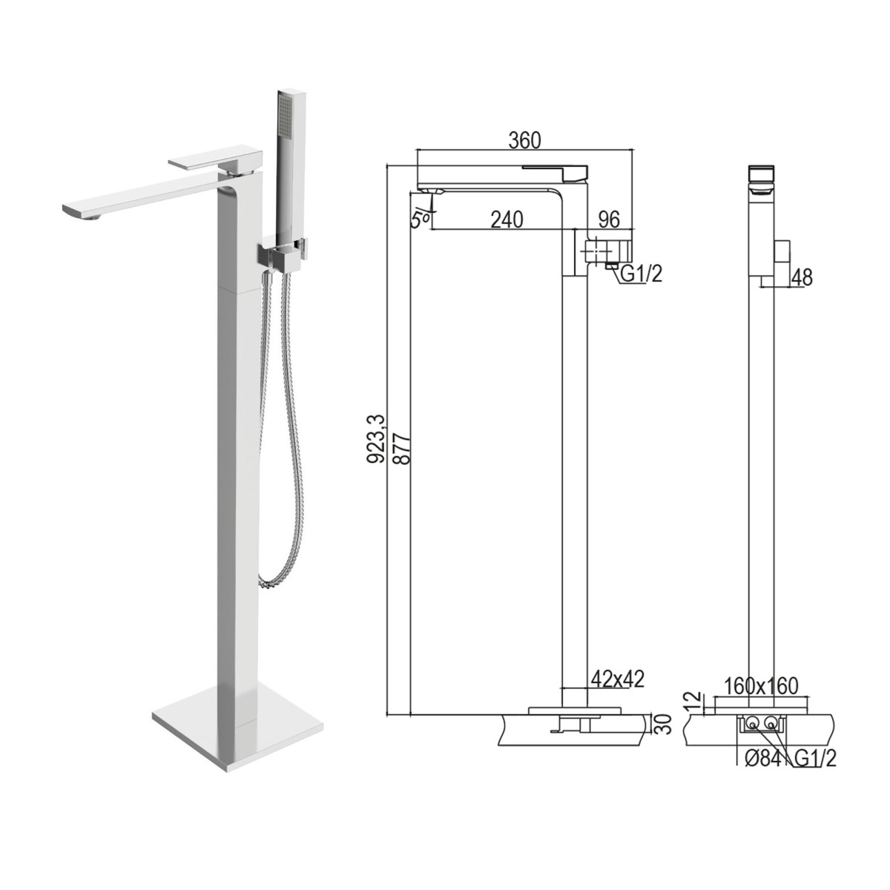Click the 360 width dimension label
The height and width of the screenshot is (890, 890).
(524, 140)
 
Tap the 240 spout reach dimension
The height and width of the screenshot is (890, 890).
(507, 220)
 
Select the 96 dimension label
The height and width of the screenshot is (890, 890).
(609, 220)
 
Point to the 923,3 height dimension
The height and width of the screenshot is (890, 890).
(378, 439)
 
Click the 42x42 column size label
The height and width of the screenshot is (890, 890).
(617, 679)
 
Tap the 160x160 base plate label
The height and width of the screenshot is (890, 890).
(762, 686)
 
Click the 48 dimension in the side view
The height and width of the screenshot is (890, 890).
(802, 277)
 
